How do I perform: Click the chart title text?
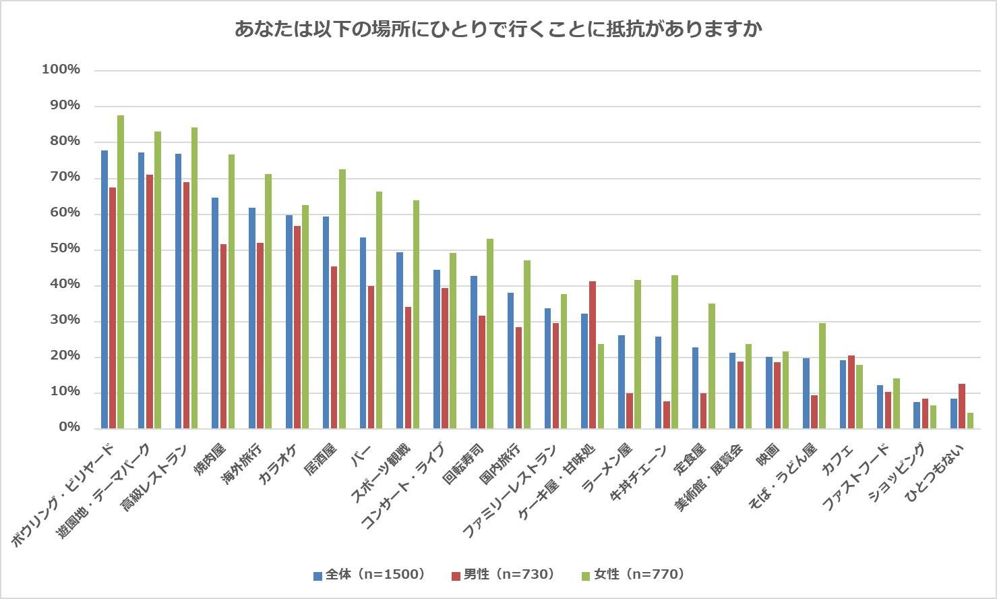tap(498, 29)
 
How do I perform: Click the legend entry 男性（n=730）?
tap(502, 574)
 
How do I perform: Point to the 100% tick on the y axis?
tap(61, 69)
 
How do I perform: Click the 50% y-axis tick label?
tap(63, 249)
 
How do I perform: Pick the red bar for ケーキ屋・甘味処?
tap(593, 355)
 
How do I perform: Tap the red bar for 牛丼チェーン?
tap(667, 415)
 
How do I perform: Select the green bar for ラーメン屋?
tap(638, 354)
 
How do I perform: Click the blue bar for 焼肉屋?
tap(215, 313)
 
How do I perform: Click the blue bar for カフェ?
tap(843, 394)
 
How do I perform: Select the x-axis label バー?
tap(361, 453)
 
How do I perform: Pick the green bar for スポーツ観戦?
tap(416, 314)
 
